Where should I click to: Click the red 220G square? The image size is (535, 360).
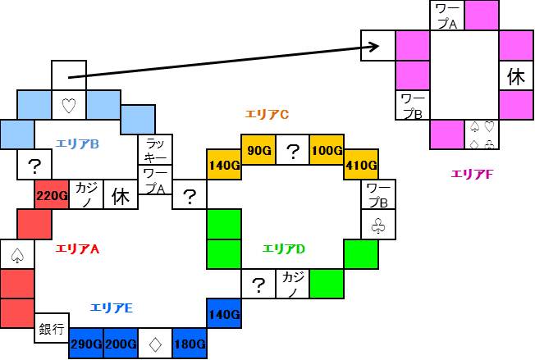(51, 195)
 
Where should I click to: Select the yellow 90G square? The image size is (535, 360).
(258, 151)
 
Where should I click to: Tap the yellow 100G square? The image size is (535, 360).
(327, 151)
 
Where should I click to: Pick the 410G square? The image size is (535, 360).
(361, 165)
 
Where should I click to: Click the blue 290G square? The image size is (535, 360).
(85, 344)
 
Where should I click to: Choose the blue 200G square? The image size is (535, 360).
(120, 344)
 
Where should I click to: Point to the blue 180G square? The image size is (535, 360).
(189, 344)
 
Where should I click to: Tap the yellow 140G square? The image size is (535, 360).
(223, 165)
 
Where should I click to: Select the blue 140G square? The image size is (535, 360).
(223, 313)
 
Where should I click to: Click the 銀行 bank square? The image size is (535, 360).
(51, 329)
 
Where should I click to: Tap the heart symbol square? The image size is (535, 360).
(68, 105)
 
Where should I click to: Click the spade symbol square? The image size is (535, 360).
(16, 255)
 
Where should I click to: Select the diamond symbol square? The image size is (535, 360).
(154, 344)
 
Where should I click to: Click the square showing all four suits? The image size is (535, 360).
(482, 134)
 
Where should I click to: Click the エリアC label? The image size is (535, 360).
(267, 114)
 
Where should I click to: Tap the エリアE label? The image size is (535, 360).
(112, 308)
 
